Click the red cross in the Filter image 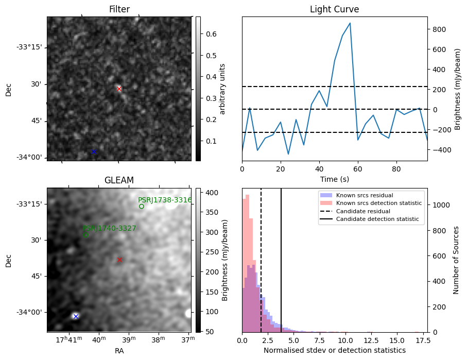coord(119,89)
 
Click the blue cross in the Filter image coord(94,151)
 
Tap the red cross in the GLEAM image coord(119,260)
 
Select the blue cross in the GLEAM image coord(76,316)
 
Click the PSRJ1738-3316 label coord(165,200)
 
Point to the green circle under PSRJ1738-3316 coord(142,207)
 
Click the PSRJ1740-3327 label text coord(109,228)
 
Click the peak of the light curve coord(350,23)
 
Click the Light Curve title coord(334,9)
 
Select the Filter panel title coord(119,9)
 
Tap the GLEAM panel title coord(119,180)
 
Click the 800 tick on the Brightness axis coord(438,29)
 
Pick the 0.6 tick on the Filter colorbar coord(206,34)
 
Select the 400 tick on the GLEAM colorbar coord(206,193)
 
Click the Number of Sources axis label coord(456,260)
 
